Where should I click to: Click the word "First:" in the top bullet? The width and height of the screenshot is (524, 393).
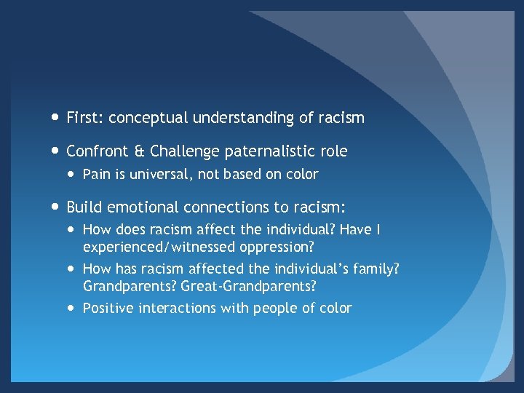tap(85, 117)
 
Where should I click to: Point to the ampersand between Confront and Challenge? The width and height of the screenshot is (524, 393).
tap(139, 151)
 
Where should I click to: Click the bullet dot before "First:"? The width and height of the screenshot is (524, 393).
tap(55, 117)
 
